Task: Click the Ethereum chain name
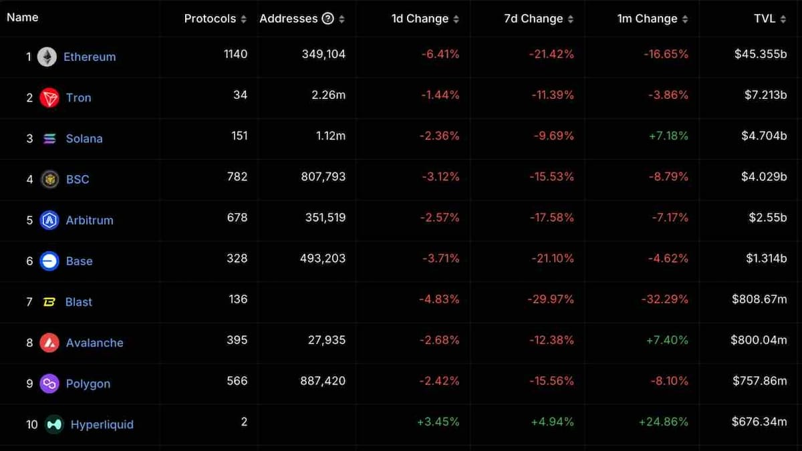[90, 57]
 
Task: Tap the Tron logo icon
[49, 98]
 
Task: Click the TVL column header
[764, 19]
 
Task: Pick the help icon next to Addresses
[327, 19]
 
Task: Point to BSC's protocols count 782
[237, 176]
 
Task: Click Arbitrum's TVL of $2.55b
[768, 217]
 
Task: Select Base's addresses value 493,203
[323, 258]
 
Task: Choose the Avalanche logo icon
[49, 343]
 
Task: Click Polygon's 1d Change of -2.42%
[440, 381]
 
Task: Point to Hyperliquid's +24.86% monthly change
[663, 422]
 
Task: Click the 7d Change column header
[533, 19]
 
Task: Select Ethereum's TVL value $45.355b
[761, 54]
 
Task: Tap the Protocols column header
[210, 19]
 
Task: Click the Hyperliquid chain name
[102, 424]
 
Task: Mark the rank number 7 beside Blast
[29, 302]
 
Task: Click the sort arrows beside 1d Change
[456, 19]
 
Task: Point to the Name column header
[22, 17]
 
